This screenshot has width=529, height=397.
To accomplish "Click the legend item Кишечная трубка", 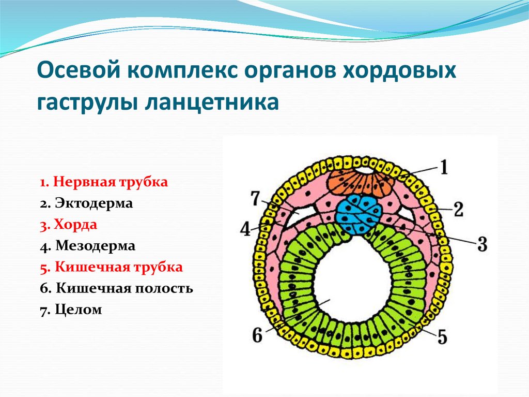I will click(x=111, y=267).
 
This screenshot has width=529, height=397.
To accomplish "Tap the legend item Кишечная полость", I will click(x=116, y=288).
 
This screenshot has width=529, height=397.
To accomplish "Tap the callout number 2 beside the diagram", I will click(x=458, y=209).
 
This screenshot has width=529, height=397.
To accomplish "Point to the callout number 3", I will click(x=481, y=244).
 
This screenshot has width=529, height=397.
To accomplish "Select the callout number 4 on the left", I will click(x=246, y=228).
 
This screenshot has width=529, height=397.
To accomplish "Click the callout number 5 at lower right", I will click(x=441, y=337).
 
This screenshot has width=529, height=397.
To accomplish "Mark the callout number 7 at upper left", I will click(x=254, y=198).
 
